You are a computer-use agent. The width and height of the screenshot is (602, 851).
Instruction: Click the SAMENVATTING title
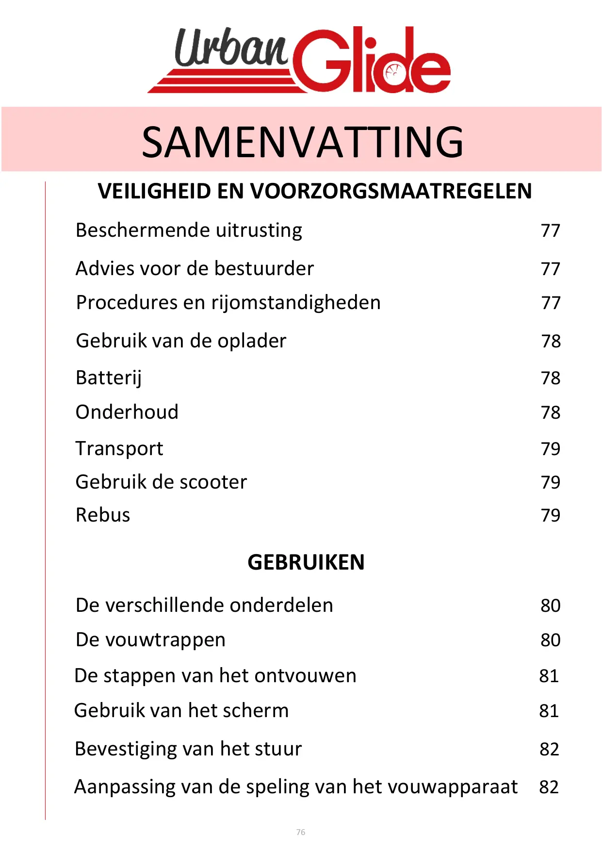pos(302,142)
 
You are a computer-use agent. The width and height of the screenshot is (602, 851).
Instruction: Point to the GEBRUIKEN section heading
pos(306,562)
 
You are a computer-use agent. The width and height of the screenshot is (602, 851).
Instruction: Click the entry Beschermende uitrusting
pos(189,230)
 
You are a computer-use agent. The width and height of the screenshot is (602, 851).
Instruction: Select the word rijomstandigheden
pos(296,303)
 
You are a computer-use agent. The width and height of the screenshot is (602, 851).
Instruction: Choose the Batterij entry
pos(109,378)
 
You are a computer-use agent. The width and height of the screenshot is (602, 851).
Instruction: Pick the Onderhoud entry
pos(127,412)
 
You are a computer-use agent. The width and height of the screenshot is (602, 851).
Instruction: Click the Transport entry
pos(119,448)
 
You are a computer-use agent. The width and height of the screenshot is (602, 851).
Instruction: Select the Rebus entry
pos(103,515)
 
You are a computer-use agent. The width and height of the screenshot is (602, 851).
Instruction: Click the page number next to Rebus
pos(551,515)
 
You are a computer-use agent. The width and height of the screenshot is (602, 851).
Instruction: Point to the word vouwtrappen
pos(165,640)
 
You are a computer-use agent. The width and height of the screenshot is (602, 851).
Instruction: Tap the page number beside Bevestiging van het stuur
pos(549,749)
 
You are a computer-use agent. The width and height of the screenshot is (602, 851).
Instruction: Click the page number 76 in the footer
pos(301,832)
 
